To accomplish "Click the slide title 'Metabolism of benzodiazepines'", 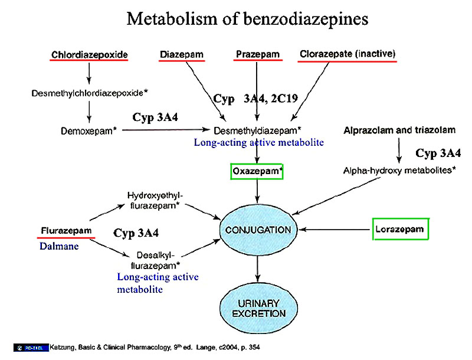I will (x=247, y=19).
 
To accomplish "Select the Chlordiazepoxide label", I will (x=89, y=55).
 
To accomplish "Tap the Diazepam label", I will (x=182, y=55).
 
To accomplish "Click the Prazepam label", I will (x=257, y=55).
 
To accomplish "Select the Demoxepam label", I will (x=88, y=130).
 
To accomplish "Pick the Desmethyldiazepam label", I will (x=258, y=130).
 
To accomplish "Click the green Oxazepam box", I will (x=257, y=171).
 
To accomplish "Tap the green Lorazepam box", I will (x=400, y=229).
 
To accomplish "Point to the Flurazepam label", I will (x=67, y=230).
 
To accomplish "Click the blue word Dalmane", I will (x=59, y=246).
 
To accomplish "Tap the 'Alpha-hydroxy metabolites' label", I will (x=399, y=171).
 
